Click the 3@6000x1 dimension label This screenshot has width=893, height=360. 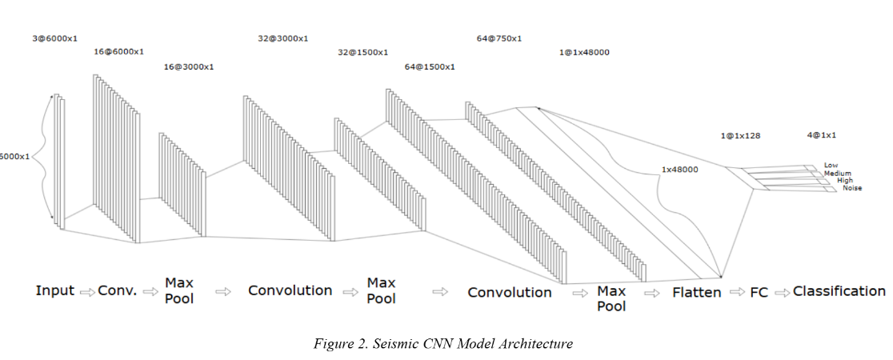pyautogui.click(x=54, y=38)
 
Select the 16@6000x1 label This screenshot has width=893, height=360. pyautogui.click(x=118, y=52)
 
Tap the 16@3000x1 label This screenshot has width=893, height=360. pyautogui.click(x=188, y=66)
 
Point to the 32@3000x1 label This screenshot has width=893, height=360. pyautogui.click(x=282, y=38)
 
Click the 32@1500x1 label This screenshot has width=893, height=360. pyautogui.click(x=362, y=53)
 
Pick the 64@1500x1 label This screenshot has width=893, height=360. pyautogui.click(x=430, y=66)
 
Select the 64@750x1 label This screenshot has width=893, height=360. pyautogui.click(x=499, y=38)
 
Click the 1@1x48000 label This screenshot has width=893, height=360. pyautogui.click(x=584, y=53)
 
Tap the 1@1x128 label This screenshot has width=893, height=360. pyautogui.click(x=740, y=136)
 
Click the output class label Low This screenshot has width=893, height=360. pyautogui.click(x=830, y=166)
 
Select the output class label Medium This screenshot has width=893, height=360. pyautogui.click(x=838, y=173)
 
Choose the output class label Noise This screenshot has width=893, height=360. pyautogui.click(x=852, y=188)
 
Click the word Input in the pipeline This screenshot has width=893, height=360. pyautogui.click(x=55, y=290)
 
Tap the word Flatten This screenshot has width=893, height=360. pyautogui.click(x=696, y=292)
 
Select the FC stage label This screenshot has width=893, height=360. pyautogui.click(x=759, y=292)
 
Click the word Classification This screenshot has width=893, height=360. pyautogui.click(x=839, y=291)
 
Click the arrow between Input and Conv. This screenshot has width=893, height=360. pyautogui.click(x=86, y=292)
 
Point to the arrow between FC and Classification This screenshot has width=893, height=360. pyautogui.click(x=781, y=293)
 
